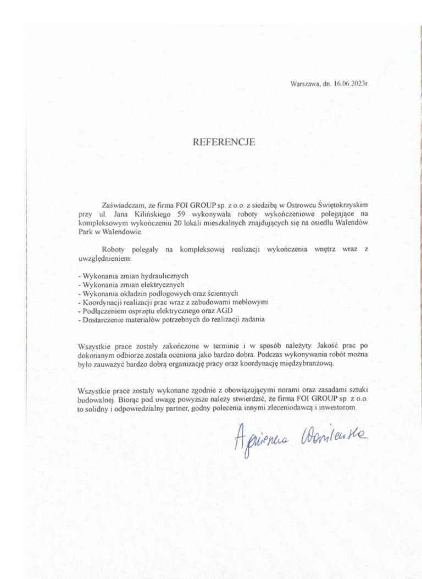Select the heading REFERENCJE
coord(224,142)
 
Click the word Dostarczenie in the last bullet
coord(101,319)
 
